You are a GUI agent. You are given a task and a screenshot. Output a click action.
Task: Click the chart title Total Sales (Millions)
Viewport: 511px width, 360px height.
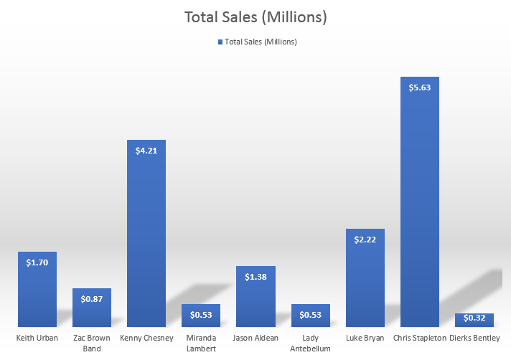pyautogui.click(x=255, y=16)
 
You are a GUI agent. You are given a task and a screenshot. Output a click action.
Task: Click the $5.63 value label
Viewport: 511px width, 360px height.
pyautogui.click(x=419, y=88)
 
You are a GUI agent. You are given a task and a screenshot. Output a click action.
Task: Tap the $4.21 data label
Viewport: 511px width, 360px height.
pyautogui.click(x=146, y=151)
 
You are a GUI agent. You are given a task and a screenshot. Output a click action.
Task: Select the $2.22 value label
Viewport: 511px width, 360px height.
pyautogui.click(x=365, y=240)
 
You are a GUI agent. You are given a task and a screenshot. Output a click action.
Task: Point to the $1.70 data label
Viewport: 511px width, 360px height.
pyautogui.click(x=37, y=263)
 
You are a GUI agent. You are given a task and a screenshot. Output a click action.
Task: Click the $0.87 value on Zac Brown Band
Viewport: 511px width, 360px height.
pyautogui.click(x=92, y=299)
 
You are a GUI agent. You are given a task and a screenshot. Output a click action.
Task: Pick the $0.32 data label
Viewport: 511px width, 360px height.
pyautogui.click(x=474, y=318)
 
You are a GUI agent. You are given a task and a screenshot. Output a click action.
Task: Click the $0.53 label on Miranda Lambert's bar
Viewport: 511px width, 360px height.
pyautogui.click(x=201, y=315)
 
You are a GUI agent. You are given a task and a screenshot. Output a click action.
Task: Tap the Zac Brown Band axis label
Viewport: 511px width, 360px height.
pyautogui.click(x=92, y=343)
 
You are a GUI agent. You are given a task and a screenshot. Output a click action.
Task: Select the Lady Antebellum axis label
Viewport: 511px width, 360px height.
pyautogui.click(x=310, y=343)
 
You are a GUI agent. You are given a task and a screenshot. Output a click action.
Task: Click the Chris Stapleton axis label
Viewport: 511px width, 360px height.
pyautogui.click(x=419, y=338)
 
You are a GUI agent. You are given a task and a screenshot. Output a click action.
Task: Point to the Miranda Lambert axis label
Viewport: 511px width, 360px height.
pyautogui.click(x=201, y=343)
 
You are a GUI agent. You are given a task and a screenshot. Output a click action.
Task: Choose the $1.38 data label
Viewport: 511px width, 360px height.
pyautogui.click(x=255, y=277)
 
